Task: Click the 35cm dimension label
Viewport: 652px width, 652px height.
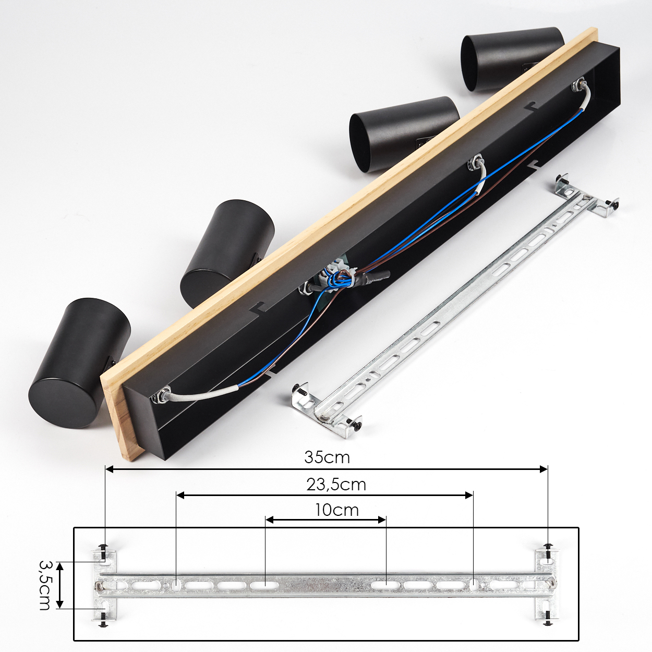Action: click(327, 457)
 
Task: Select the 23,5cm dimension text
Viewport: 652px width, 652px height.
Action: click(336, 485)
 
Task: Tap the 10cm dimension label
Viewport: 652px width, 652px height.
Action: click(336, 510)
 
